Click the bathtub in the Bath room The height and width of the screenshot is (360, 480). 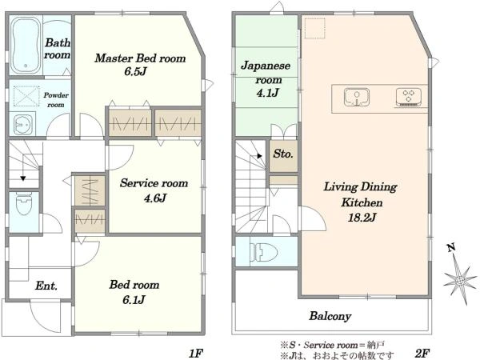(26, 45)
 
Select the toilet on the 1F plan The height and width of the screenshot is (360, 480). (24, 203)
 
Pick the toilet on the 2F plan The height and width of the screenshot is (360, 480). (263, 253)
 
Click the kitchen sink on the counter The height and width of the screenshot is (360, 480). (357, 97)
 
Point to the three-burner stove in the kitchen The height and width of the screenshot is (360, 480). (408, 97)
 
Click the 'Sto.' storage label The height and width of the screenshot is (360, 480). (283, 154)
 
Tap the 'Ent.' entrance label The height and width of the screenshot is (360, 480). (46, 286)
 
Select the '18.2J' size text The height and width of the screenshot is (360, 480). (362, 218)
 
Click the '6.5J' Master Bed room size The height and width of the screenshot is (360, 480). (135, 71)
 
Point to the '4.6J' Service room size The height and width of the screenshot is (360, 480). (155, 198)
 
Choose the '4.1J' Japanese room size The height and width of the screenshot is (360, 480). (268, 92)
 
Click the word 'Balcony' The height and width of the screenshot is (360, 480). (330, 316)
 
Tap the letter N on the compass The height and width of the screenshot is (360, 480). (450, 247)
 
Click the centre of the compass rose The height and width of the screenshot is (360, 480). (459, 280)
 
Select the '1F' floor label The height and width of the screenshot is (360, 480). (196, 354)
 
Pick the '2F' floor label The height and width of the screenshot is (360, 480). (422, 354)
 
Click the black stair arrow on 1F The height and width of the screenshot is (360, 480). (23, 178)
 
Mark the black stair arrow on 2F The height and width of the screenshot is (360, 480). (259, 156)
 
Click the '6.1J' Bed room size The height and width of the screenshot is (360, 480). (134, 300)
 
